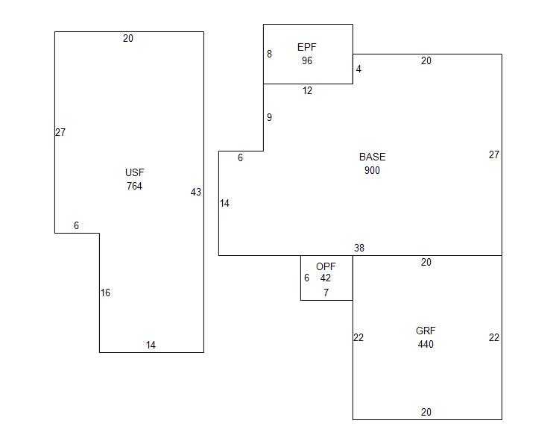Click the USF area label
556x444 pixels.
pyautogui.click(x=134, y=172)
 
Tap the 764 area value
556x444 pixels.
pyautogui.click(x=134, y=186)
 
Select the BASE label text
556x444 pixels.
pyautogui.click(x=372, y=157)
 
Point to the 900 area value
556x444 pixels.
pyautogui.click(x=372, y=170)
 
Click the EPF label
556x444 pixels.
pyautogui.click(x=307, y=47)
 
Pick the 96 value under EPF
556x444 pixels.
pyautogui.click(x=307, y=60)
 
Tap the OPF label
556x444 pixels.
pyautogui.click(x=326, y=266)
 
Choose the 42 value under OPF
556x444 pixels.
pyautogui.click(x=326, y=278)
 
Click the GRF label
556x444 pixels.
pyautogui.click(x=426, y=331)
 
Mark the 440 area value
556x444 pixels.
pyautogui.click(x=426, y=344)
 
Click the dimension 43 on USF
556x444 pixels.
pyautogui.click(x=195, y=192)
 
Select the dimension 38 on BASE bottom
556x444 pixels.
pyautogui.click(x=359, y=248)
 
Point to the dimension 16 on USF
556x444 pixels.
pyautogui.click(x=105, y=293)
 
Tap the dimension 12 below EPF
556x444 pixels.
pyautogui.click(x=307, y=91)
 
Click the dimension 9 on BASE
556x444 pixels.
pyautogui.click(x=269, y=117)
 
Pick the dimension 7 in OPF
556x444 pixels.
pyautogui.click(x=326, y=293)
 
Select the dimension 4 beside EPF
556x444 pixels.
pyautogui.click(x=358, y=69)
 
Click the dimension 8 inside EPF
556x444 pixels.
pyautogui.click(x=269, y=54)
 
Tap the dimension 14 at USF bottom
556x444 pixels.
pyautogui.click(x=151, y=345)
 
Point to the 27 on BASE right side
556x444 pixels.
pyautogui.click(x=493, y=154)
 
